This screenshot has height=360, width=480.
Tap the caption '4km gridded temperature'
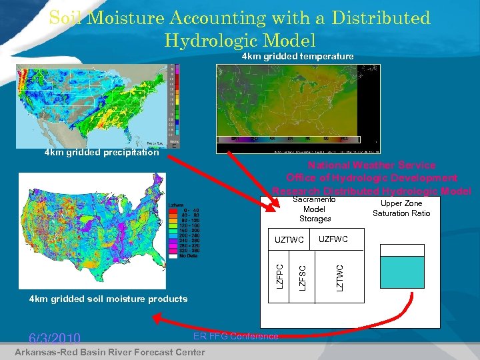[x=297, y=57]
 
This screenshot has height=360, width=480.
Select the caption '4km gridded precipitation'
[x=101, y=153]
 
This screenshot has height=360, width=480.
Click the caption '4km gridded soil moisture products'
[x=108, y=299]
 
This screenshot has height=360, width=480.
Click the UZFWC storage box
[x=333, y=239]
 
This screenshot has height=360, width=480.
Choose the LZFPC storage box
[x=281, y=277]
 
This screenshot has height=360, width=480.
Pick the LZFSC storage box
[x=302, y=277]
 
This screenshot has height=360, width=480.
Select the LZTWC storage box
[x=339, y=277]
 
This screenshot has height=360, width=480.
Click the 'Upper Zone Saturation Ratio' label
[x=401, y=208]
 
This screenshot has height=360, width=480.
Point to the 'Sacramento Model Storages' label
[x=315, y=209]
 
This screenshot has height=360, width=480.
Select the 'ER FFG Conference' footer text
[x=235, y=336]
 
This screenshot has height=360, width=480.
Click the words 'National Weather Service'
[x=371, y=165]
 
